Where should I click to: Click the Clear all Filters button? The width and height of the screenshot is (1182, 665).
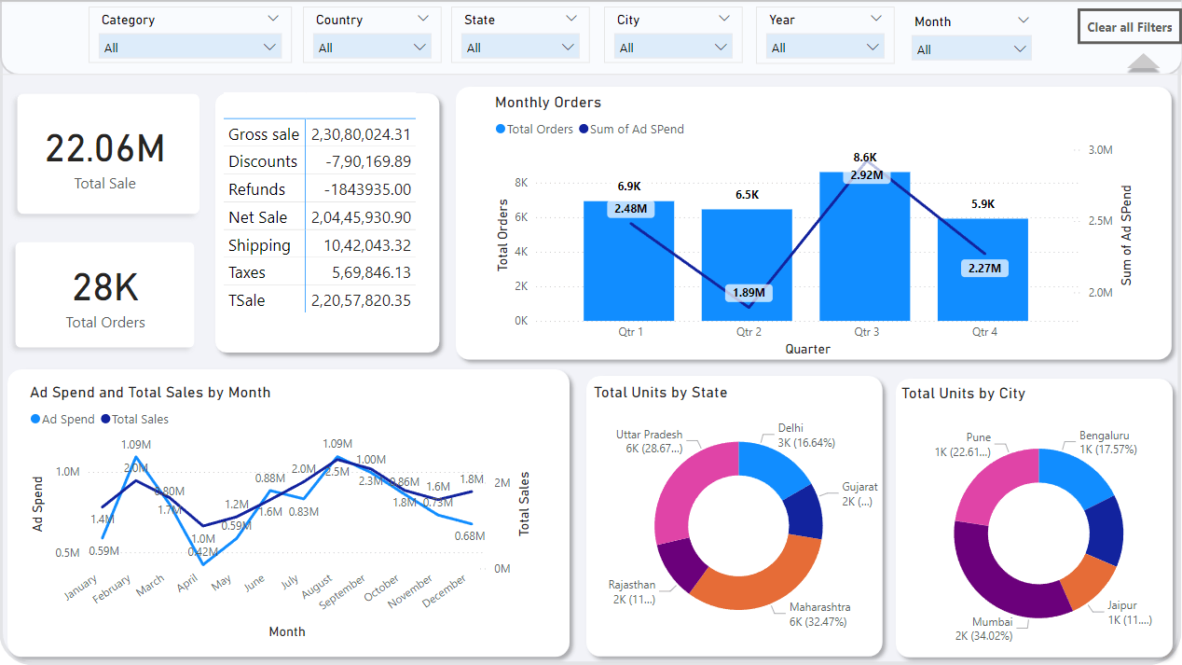(1129, 27)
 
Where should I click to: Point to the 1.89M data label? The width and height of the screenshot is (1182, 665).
(748, 292)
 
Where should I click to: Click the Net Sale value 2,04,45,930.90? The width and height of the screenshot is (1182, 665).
(361, 217)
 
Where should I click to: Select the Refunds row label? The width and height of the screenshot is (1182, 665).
(257, 189)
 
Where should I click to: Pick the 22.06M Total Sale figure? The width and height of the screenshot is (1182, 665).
(105, 149)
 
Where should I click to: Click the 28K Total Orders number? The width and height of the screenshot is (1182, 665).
(105, 288)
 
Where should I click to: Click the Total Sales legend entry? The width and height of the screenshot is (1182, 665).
(140, 420)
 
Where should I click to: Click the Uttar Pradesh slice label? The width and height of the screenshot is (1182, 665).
(649, 435)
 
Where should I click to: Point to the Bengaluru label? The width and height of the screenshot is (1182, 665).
(1104, 436)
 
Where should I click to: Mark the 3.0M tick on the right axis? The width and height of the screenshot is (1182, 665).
(1100, 150)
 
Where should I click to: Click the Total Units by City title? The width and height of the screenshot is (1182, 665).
(963, 394)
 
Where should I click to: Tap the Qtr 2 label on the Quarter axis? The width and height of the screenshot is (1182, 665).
(749, 332)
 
